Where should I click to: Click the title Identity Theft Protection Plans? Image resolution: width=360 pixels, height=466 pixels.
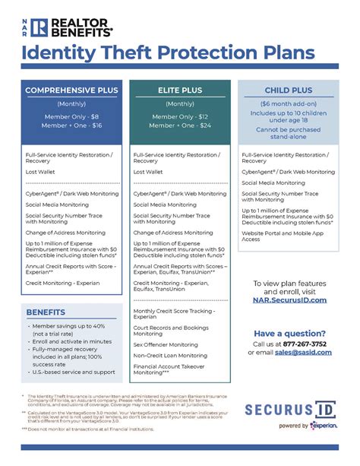tap(166, 53)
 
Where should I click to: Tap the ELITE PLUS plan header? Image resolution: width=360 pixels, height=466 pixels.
tap(180, 90)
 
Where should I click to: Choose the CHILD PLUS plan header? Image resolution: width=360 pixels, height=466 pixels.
tap(289, 90)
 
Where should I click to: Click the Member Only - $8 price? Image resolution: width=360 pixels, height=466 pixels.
tap(71, 116)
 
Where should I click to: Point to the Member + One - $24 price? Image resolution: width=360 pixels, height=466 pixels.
tap(180, 125)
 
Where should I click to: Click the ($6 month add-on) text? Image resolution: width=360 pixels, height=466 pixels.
tap(289, 103)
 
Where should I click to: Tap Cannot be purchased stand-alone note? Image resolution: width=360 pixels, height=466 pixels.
tap(289, 133)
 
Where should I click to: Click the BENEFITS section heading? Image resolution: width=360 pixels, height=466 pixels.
tap(46, 312)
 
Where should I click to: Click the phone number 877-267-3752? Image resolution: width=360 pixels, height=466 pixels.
tap(305, 343)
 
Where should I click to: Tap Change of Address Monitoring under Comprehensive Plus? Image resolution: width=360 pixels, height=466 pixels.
tap(66, 232)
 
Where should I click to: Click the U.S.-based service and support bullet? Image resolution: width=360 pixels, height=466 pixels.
tap(74, 372)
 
